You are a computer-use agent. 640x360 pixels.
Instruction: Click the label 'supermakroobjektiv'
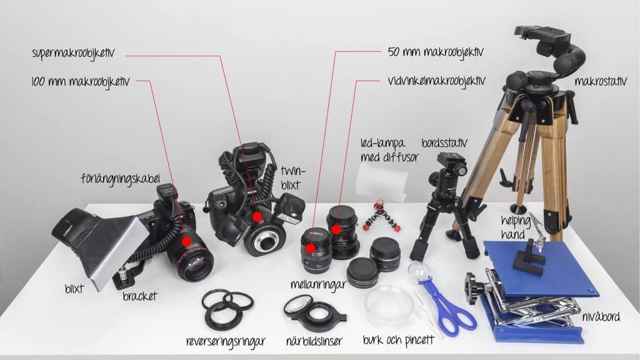[74, 54]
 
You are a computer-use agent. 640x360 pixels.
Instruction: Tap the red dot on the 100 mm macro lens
[186, 241]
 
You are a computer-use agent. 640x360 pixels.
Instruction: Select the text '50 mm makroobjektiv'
[436, 52]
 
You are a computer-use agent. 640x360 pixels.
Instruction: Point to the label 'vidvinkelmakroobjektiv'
[437, 81]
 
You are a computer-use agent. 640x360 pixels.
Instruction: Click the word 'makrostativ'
[601, 82]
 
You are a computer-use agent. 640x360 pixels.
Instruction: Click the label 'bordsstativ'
[444, 143]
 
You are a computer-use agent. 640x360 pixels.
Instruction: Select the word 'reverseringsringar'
[226, 341]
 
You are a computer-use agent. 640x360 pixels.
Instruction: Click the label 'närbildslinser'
[314, 341]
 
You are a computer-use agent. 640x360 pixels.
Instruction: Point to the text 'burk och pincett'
[398, 340]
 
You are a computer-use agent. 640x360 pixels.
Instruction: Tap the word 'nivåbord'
[601, 317]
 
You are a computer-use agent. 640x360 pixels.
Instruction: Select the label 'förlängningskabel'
[120, 179]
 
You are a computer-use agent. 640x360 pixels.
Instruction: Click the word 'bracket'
[140, 296]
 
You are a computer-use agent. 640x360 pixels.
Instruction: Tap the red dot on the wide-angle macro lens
[336, 229]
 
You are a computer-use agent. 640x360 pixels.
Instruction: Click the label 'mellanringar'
[318, 285]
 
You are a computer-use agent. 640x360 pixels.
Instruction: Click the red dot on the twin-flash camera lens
[257, 217]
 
